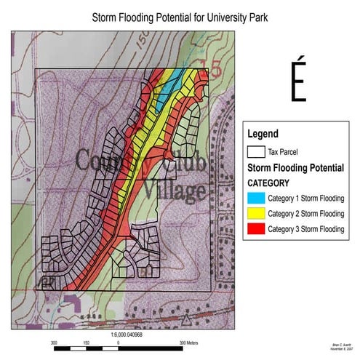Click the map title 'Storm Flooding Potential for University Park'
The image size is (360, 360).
(180, 16)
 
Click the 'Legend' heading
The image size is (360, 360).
(263, 134)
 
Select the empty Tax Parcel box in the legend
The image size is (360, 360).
(255, 153)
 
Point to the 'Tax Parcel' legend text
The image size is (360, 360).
(284, 153)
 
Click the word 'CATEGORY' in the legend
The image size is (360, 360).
(270, 183)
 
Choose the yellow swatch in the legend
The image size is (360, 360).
(255, 214)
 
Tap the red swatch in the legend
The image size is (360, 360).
(255, 230)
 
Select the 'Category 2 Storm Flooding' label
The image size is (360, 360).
(305, 214)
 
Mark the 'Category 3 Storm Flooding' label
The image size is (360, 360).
(305, 230)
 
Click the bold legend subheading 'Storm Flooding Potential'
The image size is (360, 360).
(296, 168)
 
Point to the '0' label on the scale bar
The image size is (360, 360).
(119, 340)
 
